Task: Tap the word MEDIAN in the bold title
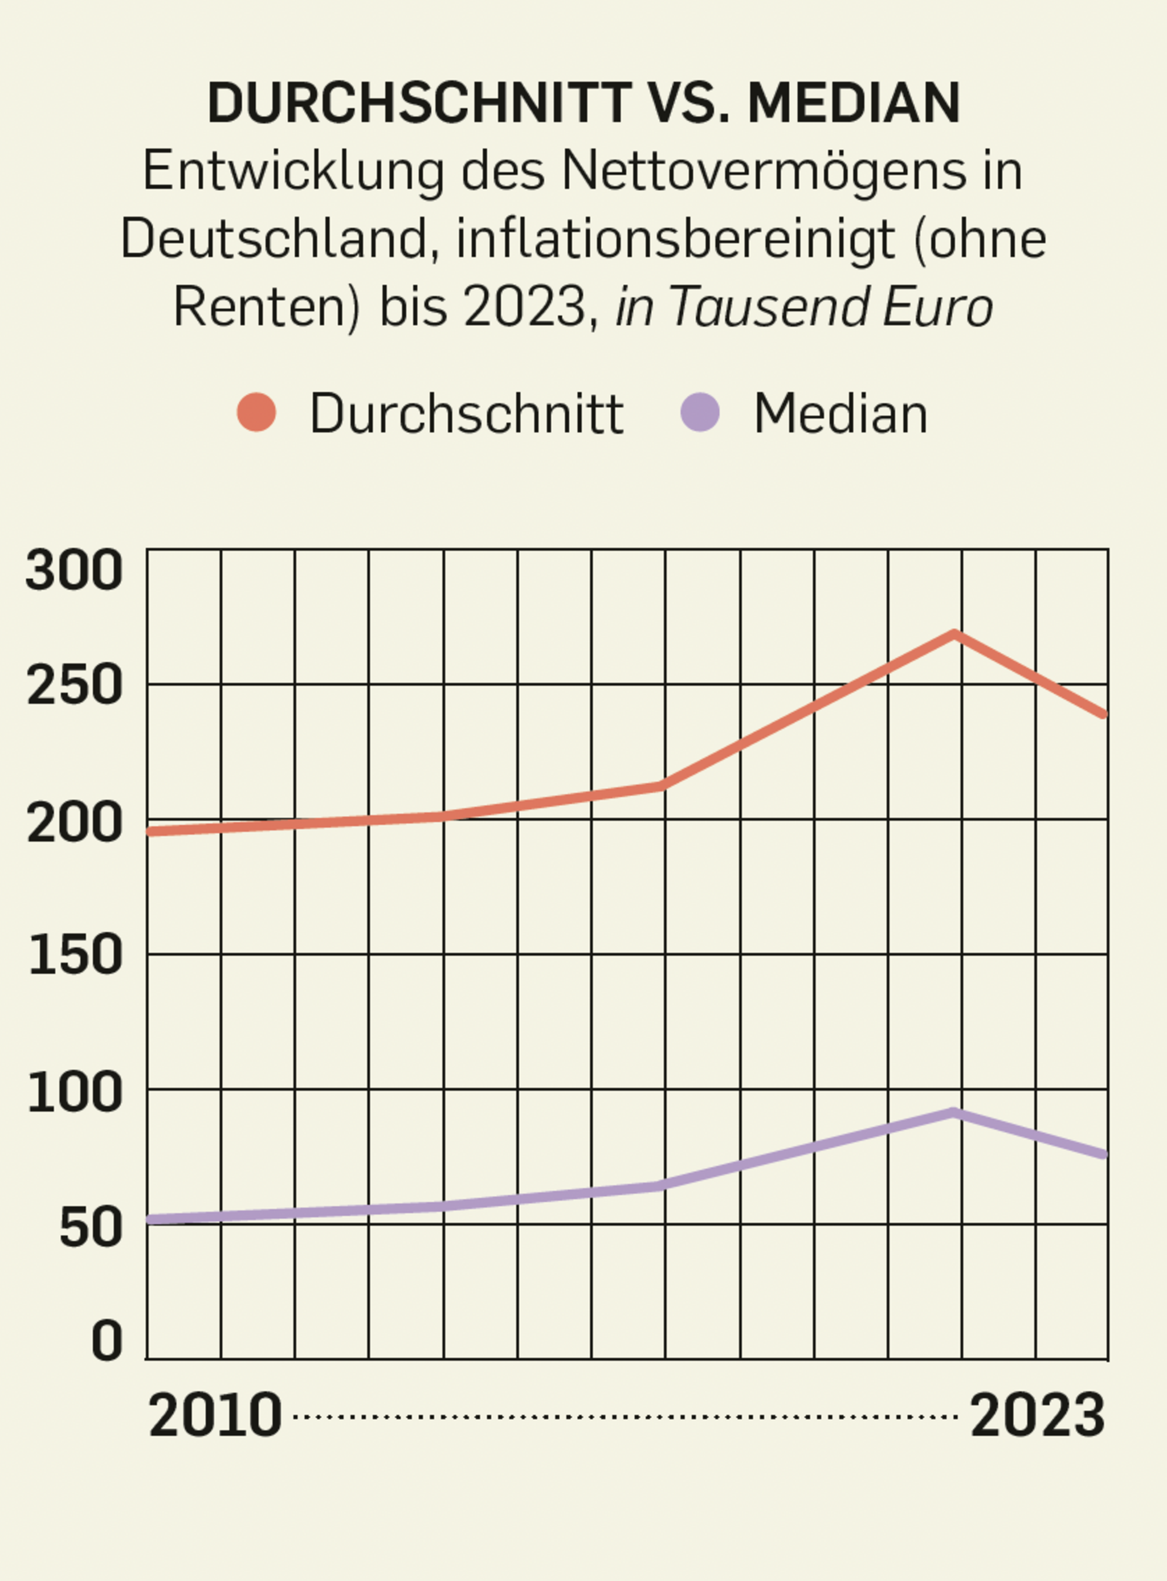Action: coord(854,103)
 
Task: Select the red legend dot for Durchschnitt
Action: coord(256,412)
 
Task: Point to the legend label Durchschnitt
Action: coord(467,414)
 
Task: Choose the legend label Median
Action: coord(840,414)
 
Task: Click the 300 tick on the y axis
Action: coord(74,570)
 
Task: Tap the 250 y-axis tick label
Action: coord(74,685)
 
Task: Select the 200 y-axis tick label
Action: coord(74,822)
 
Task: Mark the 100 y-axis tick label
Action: coord(74,1092)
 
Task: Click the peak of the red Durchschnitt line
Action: coord(955,633)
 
